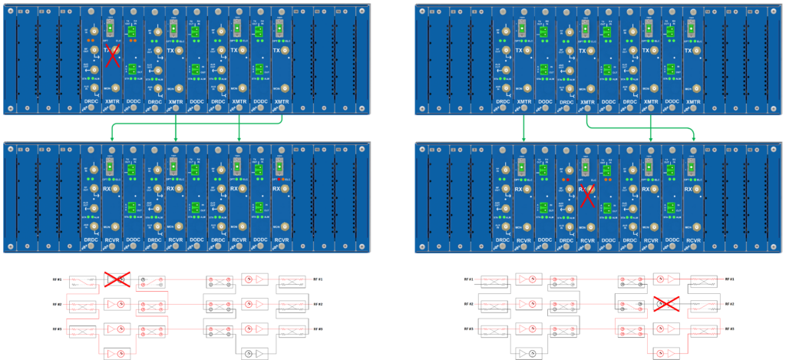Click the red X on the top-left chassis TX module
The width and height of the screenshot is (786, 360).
(112, 54)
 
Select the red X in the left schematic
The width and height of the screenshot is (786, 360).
(117, 279)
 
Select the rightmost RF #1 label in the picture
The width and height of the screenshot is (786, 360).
(729, 279)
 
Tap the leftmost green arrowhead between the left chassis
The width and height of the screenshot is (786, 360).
(113, 139)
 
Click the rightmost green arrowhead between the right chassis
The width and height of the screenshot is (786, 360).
(693, 139)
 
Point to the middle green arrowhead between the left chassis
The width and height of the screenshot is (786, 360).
(177, 139)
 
